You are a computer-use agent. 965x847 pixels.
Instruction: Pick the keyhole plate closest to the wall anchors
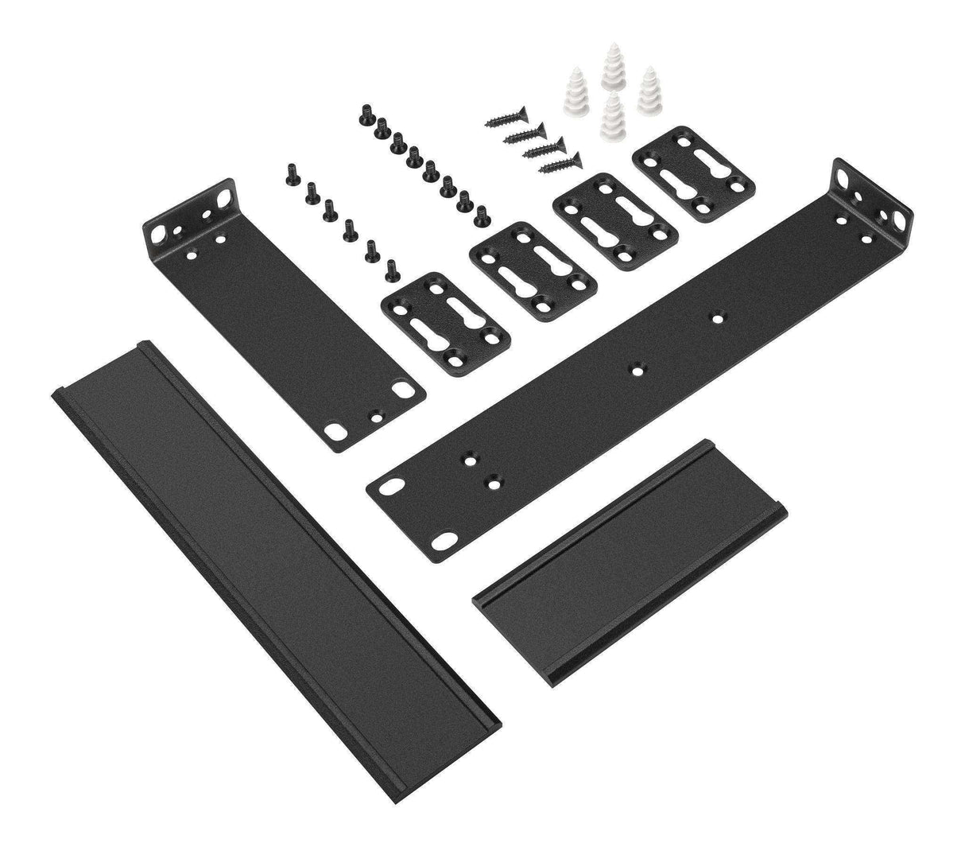692,172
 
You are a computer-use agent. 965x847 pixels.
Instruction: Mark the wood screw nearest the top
501,120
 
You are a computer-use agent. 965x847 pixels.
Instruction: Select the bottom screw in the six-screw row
390,270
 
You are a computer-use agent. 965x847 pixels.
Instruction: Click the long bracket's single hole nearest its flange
717,316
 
